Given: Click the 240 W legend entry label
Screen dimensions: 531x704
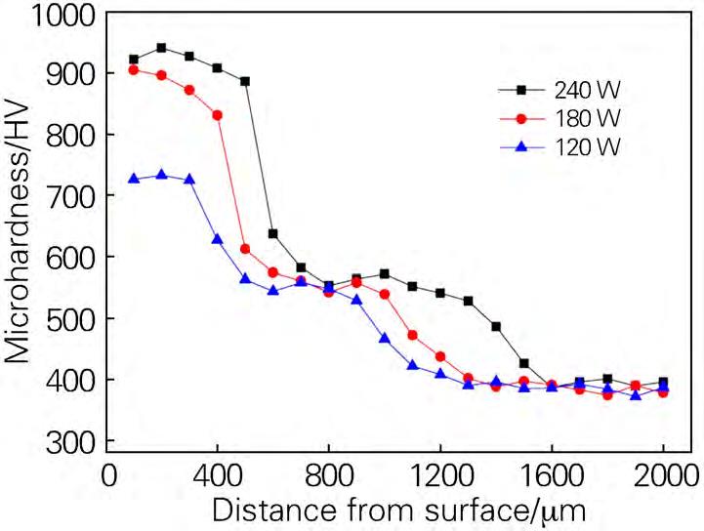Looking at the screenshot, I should [588, 90].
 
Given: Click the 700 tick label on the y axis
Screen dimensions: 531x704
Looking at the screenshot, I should [73, 196].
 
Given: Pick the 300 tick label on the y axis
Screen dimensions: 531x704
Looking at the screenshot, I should [73, 441].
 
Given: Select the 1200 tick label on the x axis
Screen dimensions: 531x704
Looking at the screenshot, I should [440, 479].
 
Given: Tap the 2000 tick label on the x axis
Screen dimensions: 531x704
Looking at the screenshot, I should [664, 479].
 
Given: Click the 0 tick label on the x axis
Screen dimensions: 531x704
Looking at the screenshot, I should [106, 479].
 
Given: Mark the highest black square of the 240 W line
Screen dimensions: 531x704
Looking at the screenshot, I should [162, 48].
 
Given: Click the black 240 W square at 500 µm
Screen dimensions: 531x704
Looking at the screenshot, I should [245, 81].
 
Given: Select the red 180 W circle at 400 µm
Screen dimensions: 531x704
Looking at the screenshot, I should [217, 115].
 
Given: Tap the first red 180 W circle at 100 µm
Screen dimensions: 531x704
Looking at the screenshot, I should [134, 69].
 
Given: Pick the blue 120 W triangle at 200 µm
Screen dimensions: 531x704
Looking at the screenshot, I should [162, 175].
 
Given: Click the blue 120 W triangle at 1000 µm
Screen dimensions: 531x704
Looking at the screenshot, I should [385, 338].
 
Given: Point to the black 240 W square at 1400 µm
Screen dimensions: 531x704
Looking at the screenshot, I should [496, 326].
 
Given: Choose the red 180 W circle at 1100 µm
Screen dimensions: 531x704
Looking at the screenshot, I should [412, 335].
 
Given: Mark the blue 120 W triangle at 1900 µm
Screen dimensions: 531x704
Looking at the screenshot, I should [636, 395].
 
